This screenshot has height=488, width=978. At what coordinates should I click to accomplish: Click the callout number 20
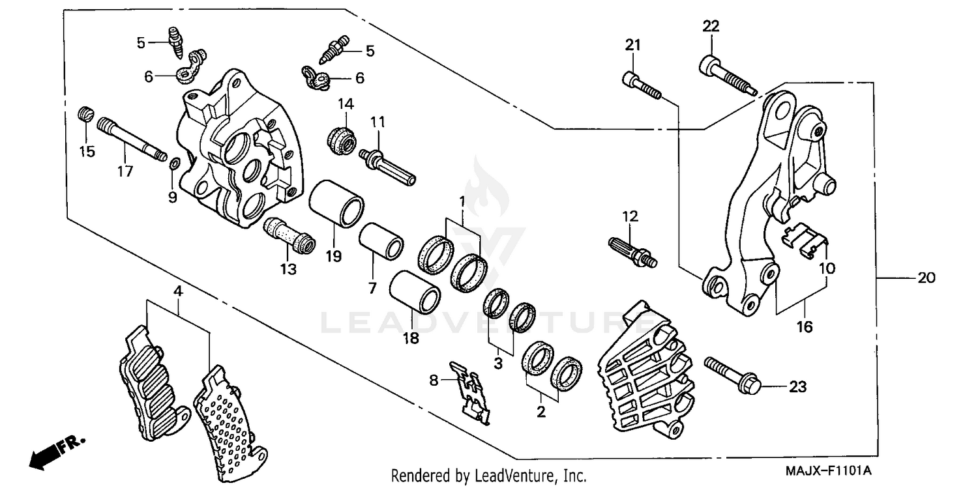pos(926,278)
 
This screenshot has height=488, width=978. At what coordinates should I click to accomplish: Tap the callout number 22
pos(711,27)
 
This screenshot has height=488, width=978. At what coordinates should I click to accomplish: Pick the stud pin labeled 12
pos(632,251)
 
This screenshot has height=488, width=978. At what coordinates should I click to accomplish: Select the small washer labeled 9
pos(172,164)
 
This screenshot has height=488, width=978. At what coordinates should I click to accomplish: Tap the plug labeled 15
pos(83,115)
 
